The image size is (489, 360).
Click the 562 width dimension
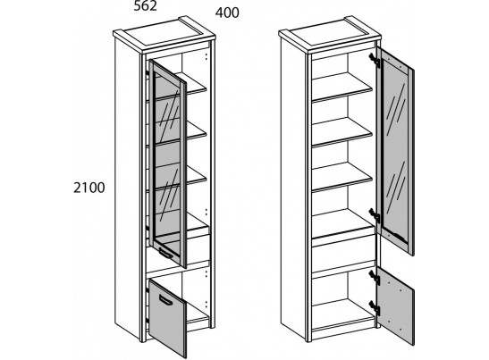[x=145, y=6]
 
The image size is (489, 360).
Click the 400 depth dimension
[x=227, y=13]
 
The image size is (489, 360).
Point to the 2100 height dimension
[x=89, y=188]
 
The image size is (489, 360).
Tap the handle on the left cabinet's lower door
[x=166, y=300]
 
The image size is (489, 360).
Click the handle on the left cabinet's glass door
[x=165, y=253]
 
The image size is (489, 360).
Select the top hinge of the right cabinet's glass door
[x=375, y=61]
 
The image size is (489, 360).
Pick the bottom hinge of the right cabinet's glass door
[x=375, y=215]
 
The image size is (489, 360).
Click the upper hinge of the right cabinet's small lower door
[x=375, y=278]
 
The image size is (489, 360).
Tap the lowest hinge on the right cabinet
[x=375, y=307]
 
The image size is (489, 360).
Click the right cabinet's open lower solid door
[x=395, y=306]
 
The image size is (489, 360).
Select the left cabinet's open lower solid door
[x=167, y=317]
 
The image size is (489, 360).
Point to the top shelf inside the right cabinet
[x=342, y=87]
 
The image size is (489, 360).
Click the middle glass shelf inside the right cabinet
[x=342, y=132]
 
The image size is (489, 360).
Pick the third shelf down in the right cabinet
[x=342, y=177]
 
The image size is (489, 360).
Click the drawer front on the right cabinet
[x=343, y=253]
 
